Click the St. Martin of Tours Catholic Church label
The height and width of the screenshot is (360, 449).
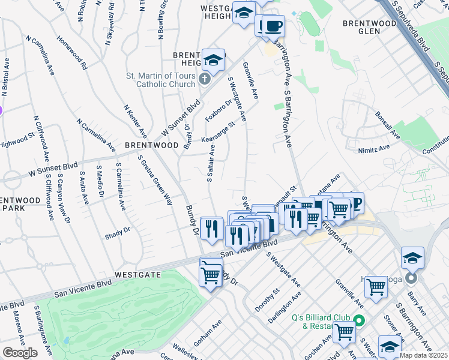point(160,80)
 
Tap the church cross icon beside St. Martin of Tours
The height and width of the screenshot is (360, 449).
point(205,79)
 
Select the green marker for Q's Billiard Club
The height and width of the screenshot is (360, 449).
point(358,321)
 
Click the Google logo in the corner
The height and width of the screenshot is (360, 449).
point(20,352)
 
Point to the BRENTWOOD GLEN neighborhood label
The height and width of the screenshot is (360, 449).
point(370,23)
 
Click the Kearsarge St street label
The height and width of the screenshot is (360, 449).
point(217,131)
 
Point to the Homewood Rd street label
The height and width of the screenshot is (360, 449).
point(72,52)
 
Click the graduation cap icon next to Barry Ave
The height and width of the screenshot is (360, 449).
point(412,257)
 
